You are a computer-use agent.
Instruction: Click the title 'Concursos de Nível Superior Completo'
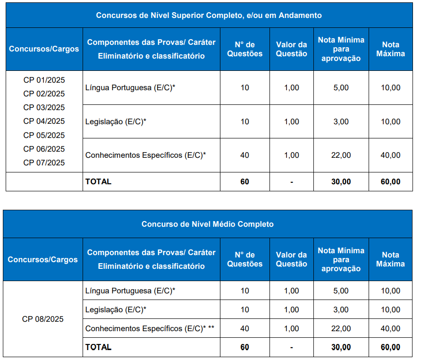click(209, 15)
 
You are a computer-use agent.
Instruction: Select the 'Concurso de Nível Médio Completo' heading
click(208, 224)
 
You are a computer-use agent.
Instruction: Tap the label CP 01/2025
click(44, 80)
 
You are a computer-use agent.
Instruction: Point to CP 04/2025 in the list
click(44, 121)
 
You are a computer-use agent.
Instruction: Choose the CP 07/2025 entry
click(44, 163)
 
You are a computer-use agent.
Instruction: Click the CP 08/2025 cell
click(43, 319)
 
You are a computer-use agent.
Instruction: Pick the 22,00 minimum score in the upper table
click(341, 155)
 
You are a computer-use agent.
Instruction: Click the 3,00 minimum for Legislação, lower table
click(341, 309)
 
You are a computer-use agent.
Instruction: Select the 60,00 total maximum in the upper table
click(390, 181)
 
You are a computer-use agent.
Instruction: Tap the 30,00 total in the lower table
click(341, 347)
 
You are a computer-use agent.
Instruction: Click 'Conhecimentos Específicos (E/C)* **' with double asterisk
click(150, 328)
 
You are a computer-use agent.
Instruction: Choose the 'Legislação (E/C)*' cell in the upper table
click(116, 121)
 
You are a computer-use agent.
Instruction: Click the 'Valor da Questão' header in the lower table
click(291, 259)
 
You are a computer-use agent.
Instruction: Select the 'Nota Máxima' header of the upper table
click(390, 49)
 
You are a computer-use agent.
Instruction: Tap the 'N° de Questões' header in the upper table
click(244, 49)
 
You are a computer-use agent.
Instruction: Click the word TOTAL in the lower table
click(98, 347)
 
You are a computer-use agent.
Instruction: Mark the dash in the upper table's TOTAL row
click(292, 181)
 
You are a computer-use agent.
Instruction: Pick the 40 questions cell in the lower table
click(244, 328)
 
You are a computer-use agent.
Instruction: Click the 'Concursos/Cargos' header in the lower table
click(43, 259)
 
